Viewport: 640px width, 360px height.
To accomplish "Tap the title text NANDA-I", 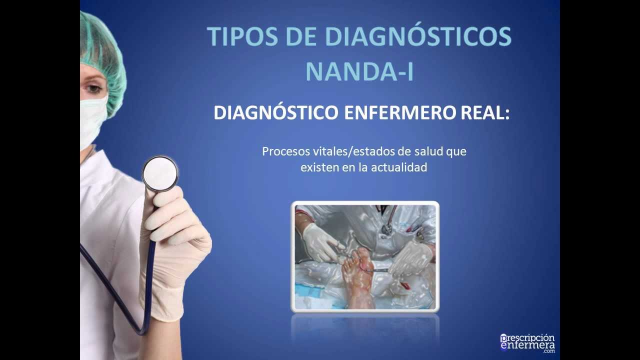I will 359,71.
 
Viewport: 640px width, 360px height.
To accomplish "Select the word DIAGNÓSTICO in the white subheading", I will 276,113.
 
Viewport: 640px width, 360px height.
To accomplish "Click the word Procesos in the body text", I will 284,151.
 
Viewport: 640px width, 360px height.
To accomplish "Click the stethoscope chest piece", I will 160,173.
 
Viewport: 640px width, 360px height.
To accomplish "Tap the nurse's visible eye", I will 93,89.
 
